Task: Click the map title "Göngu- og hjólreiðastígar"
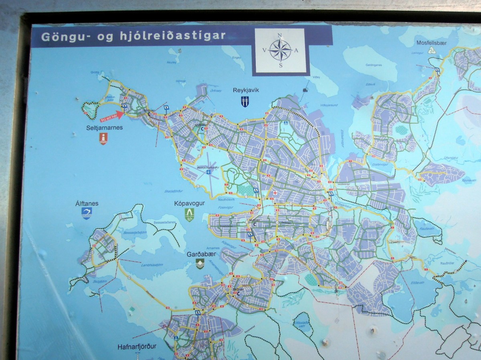coord(133,36)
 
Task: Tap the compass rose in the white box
coord(280,51)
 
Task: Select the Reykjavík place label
coord(246,90)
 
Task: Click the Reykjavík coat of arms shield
coord(245,101)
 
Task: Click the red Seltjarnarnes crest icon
coord(103,139)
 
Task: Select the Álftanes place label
coord(87,203)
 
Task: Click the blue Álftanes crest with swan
coord(87,213)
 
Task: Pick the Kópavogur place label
coord(190,203)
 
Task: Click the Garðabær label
coord(200,254)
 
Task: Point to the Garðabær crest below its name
coord(200,263)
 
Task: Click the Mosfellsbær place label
coord(432,43)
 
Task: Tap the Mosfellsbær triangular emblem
coord(432,50)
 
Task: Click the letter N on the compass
coord(280,35)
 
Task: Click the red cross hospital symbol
coord(275,193)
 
